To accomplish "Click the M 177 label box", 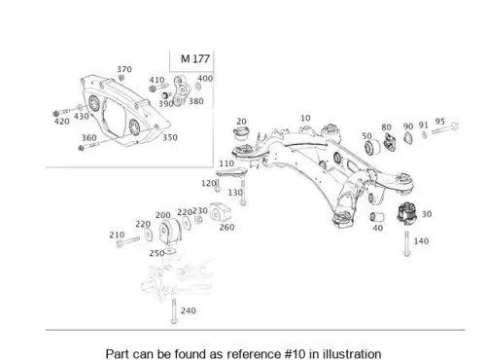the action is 191,60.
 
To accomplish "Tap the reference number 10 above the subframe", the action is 305,118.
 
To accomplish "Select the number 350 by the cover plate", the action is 170,137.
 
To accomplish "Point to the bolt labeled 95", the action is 445,128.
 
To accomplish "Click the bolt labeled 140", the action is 407,243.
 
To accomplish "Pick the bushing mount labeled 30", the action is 407,212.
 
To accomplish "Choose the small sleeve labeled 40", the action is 377,217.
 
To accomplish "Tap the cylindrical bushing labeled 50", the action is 371,147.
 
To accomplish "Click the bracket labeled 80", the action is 389,142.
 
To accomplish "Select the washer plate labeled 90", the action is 408,138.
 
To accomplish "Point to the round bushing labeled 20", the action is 241,133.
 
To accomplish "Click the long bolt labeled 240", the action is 174,311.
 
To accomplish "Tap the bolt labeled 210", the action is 127,241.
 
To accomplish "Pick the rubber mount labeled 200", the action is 170,231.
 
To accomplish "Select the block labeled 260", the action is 221,212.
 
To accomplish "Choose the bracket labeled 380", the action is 181,90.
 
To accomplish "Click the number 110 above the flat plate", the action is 226,163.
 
